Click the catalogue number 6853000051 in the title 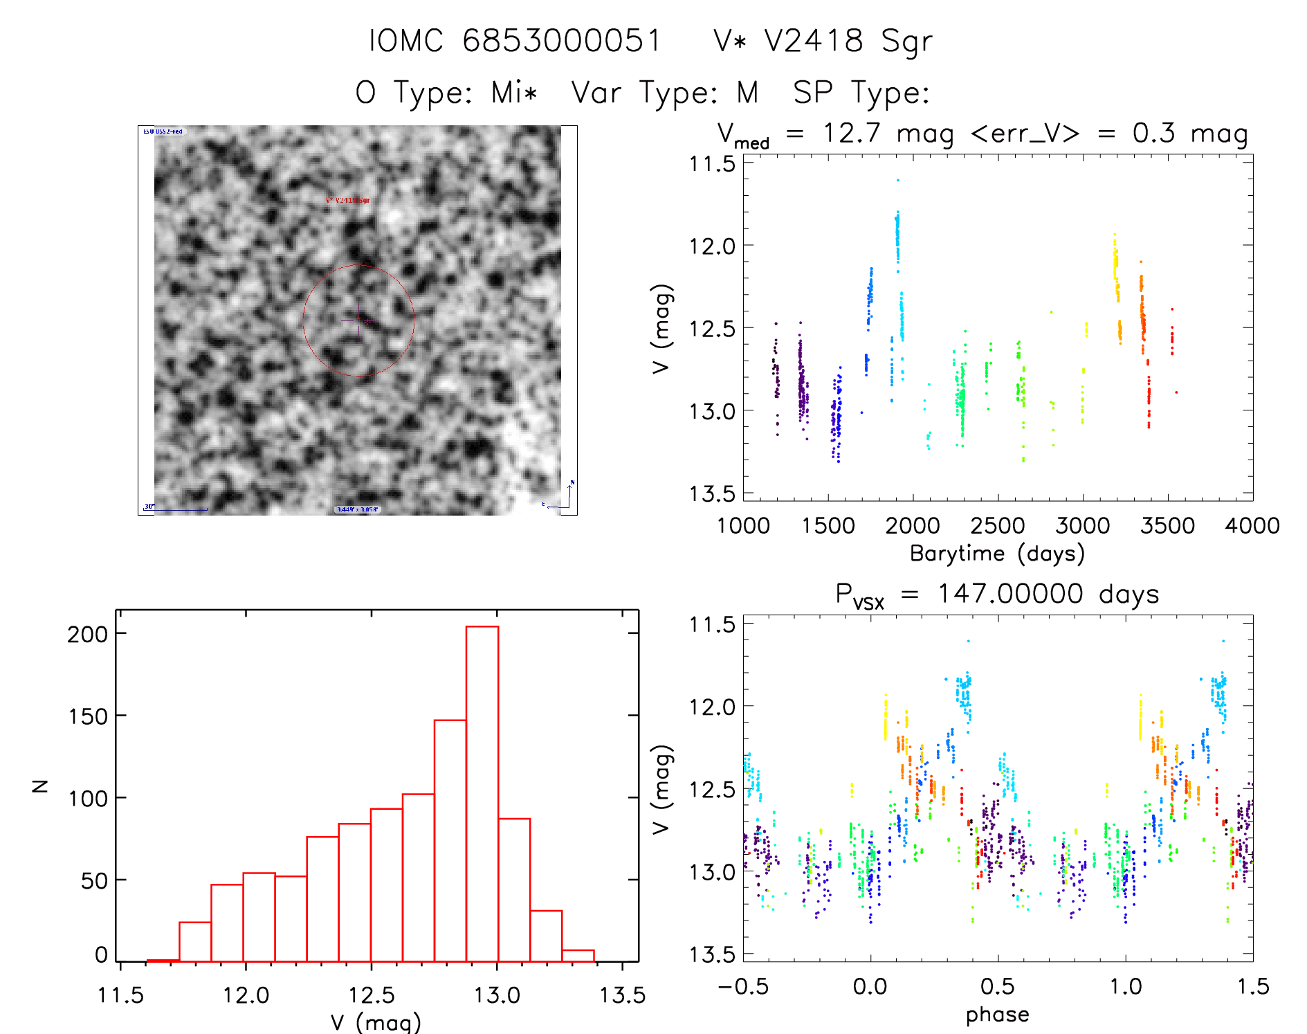pyautogui.click(x=561, y=41)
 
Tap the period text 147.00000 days pyautogui.click(x=1048, y=595)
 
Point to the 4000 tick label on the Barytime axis pyautogui.click(x=1252, y=526)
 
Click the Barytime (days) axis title pyautogui.click(x=997, y=554)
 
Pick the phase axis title pyautogui.click(x=997, y=1015)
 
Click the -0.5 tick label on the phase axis pyautogui.click(x=743, y=987)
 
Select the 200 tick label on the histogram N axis pyautogui.click(x=88, y=634)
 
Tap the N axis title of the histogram pyautogui.click(x=41, y=786)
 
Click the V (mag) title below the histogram pyautogui.click(x=376, y=1022)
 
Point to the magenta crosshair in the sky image pyautogui.click(x=358, y=320)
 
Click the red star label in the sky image pyautogui.click(x=348, y=201)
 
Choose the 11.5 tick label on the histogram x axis pyautogui.click(x=120, y=995)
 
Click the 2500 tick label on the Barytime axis pyautogui.click(x=997, y=526)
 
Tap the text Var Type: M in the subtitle pyautogui.click(x=665, y=93)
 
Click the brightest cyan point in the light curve pyautogui.click(x=898, y=180)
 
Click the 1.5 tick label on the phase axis pyautogui.click(x=1253, y=987)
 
